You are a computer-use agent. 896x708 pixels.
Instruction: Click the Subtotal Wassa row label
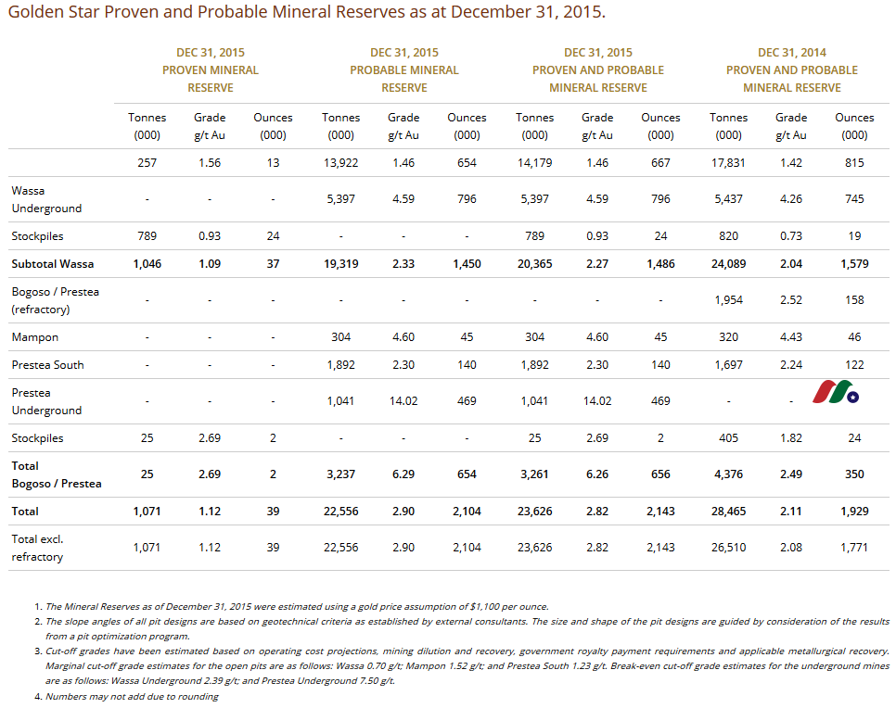(x=53, y=264)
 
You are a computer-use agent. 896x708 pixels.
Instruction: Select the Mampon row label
(x=35, y=337)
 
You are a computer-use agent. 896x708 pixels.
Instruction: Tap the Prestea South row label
(x=47, y=365)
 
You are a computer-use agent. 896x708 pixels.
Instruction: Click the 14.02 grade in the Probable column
(x=403, y=401)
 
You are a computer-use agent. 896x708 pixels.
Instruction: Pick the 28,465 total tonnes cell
(x=728, y=511)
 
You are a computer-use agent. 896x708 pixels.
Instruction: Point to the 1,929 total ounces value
(x=854, y=511)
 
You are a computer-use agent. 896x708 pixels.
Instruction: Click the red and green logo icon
(x=836, y=392)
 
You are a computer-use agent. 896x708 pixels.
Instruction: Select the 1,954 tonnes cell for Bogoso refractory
(x=728, y=299)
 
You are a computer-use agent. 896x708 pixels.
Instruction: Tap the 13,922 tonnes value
(x=340, y=163)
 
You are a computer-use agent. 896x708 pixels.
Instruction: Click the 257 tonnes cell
(x=147, y=163)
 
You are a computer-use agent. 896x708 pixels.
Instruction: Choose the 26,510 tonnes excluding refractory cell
(x=728, y=547)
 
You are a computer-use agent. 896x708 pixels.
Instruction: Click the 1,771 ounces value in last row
(x=854, y=547)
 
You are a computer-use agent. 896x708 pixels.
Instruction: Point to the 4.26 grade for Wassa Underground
(x=791, y=198)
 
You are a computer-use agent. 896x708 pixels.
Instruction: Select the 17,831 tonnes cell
(x=728, y=163)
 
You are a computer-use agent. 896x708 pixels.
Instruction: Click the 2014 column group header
(x=792, y=70)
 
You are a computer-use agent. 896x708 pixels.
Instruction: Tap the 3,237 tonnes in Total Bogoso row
(x=340, y=474)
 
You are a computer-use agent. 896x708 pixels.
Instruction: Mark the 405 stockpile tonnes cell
(x=728, y=438)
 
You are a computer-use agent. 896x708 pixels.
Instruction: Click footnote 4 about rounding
(x=132, y=697)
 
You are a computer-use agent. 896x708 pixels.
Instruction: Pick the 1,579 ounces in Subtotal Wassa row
(x=854, y=264)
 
